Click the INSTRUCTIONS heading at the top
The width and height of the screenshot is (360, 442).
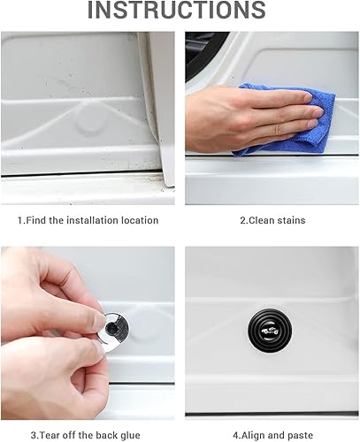click(180, 11)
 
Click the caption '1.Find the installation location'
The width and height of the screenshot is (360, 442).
click(88, 220)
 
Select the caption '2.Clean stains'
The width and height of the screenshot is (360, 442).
click(272, 220)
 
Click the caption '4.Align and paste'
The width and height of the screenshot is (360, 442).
click(272, 435)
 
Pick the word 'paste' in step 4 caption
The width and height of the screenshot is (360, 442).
click(295, 435)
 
